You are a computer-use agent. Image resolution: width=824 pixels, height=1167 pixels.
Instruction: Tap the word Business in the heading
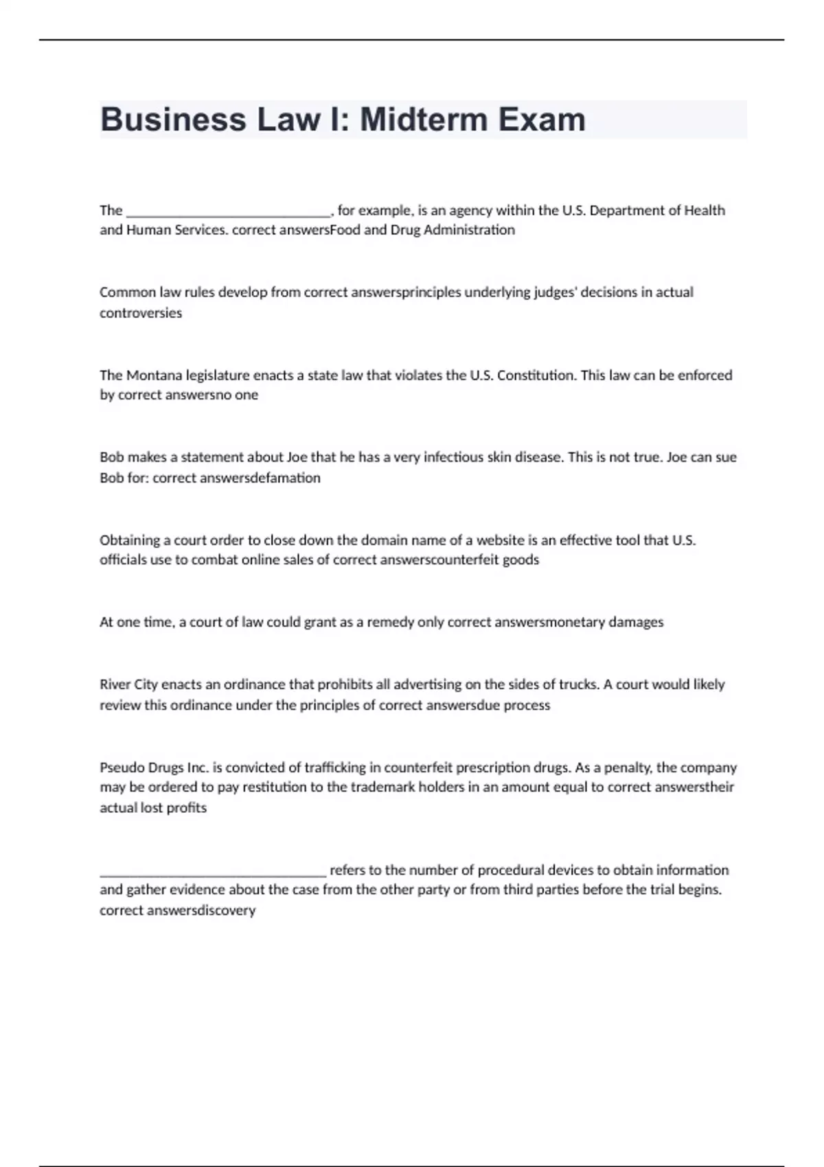(x=173, y=119)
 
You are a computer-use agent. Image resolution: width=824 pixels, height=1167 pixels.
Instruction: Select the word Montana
(x=152, y=375)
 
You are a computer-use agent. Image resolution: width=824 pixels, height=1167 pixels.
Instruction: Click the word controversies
(x=141, y=313)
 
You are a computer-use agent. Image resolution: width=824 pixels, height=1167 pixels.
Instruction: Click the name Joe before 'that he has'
(x=296, y=457)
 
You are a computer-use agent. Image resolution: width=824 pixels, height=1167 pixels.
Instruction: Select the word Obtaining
(x=129, y=540)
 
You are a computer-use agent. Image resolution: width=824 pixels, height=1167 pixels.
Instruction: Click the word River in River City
(x=115, y=684)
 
